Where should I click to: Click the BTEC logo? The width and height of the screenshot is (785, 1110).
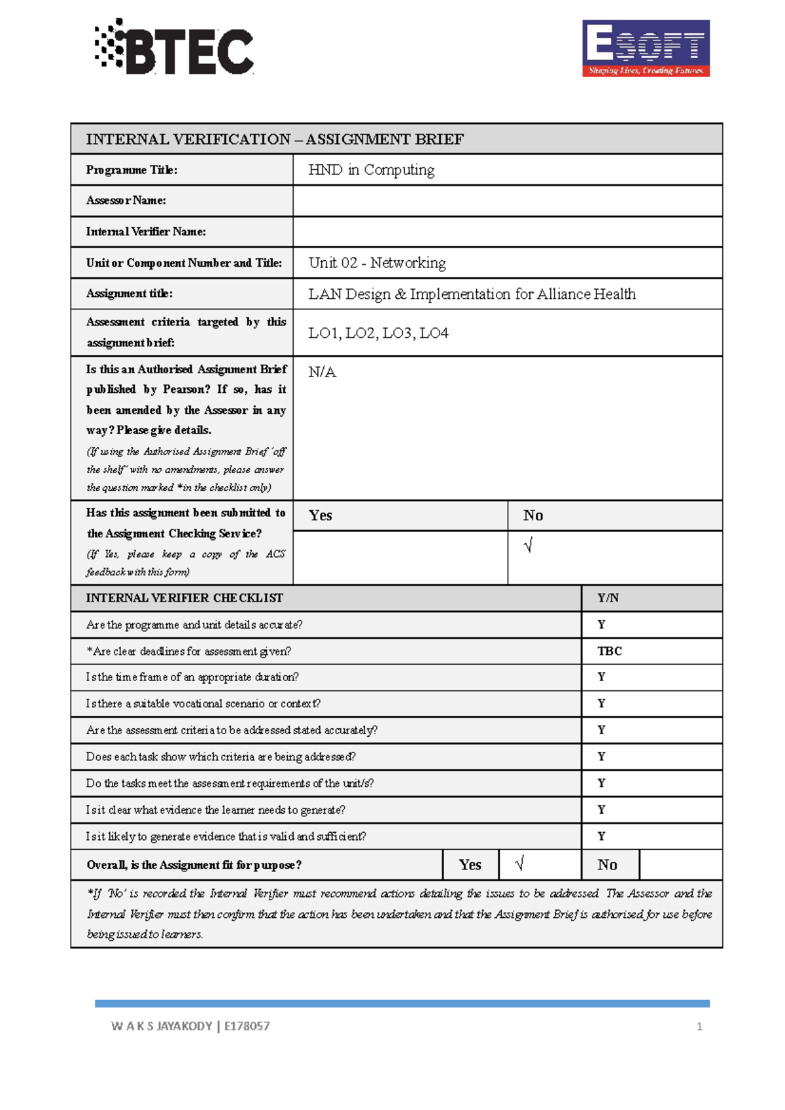175,47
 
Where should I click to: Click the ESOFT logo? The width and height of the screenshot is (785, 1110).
646,48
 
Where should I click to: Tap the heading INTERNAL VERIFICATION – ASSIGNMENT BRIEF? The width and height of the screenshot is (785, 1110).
275,139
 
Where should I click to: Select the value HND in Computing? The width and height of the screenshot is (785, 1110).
371,170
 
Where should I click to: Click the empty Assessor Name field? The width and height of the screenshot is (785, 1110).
507,201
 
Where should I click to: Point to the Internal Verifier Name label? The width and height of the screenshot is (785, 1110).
146,231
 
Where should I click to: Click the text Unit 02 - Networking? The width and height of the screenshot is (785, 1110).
377,263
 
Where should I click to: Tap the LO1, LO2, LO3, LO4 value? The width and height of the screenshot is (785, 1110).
378,333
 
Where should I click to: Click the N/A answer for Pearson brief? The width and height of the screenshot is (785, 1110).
322,372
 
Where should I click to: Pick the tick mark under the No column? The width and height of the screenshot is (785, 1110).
528,545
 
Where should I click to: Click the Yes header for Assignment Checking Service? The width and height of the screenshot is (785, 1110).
321,516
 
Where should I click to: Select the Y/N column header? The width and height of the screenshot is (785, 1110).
608,598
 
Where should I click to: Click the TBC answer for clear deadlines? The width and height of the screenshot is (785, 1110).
609,651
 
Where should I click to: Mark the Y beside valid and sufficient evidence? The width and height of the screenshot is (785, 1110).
601,836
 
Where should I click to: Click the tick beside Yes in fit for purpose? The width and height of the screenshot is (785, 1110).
519,864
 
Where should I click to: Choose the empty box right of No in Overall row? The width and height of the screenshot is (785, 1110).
680,865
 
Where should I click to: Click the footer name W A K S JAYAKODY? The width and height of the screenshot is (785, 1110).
162,1026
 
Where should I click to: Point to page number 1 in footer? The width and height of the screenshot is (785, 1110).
699,1027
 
